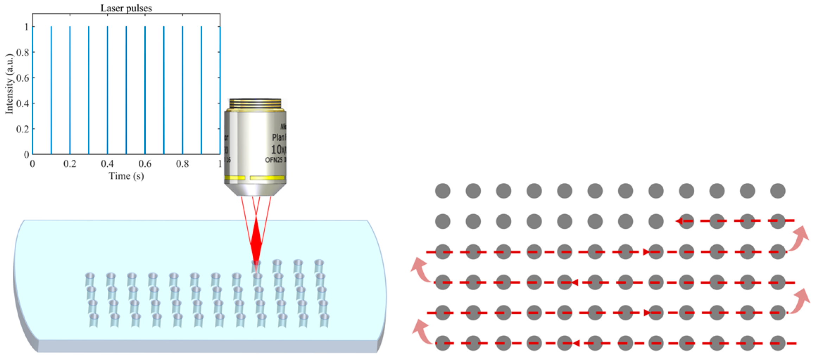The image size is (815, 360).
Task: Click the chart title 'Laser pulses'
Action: point(126,8)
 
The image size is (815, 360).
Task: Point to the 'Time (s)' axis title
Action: point(126,176)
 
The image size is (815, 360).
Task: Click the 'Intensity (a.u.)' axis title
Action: point(9,84)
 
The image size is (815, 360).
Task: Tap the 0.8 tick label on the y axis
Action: point(23,52)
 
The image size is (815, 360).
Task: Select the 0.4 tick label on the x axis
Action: point(107,164)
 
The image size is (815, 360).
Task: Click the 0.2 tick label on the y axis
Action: point(23,129)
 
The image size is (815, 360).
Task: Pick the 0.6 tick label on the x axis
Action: point(145,164)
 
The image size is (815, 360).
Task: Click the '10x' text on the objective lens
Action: point(278,150)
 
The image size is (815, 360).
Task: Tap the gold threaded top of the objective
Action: point(255,103)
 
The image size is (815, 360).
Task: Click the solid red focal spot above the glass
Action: point(256,239)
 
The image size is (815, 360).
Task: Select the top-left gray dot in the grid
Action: point(443,191)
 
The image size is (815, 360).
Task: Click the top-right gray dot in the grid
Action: point(778,191)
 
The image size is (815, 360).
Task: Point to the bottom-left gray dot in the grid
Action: point(443,343)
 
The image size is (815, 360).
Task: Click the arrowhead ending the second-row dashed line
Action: point(679,221)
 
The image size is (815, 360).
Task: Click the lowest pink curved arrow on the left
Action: point(422,331)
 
